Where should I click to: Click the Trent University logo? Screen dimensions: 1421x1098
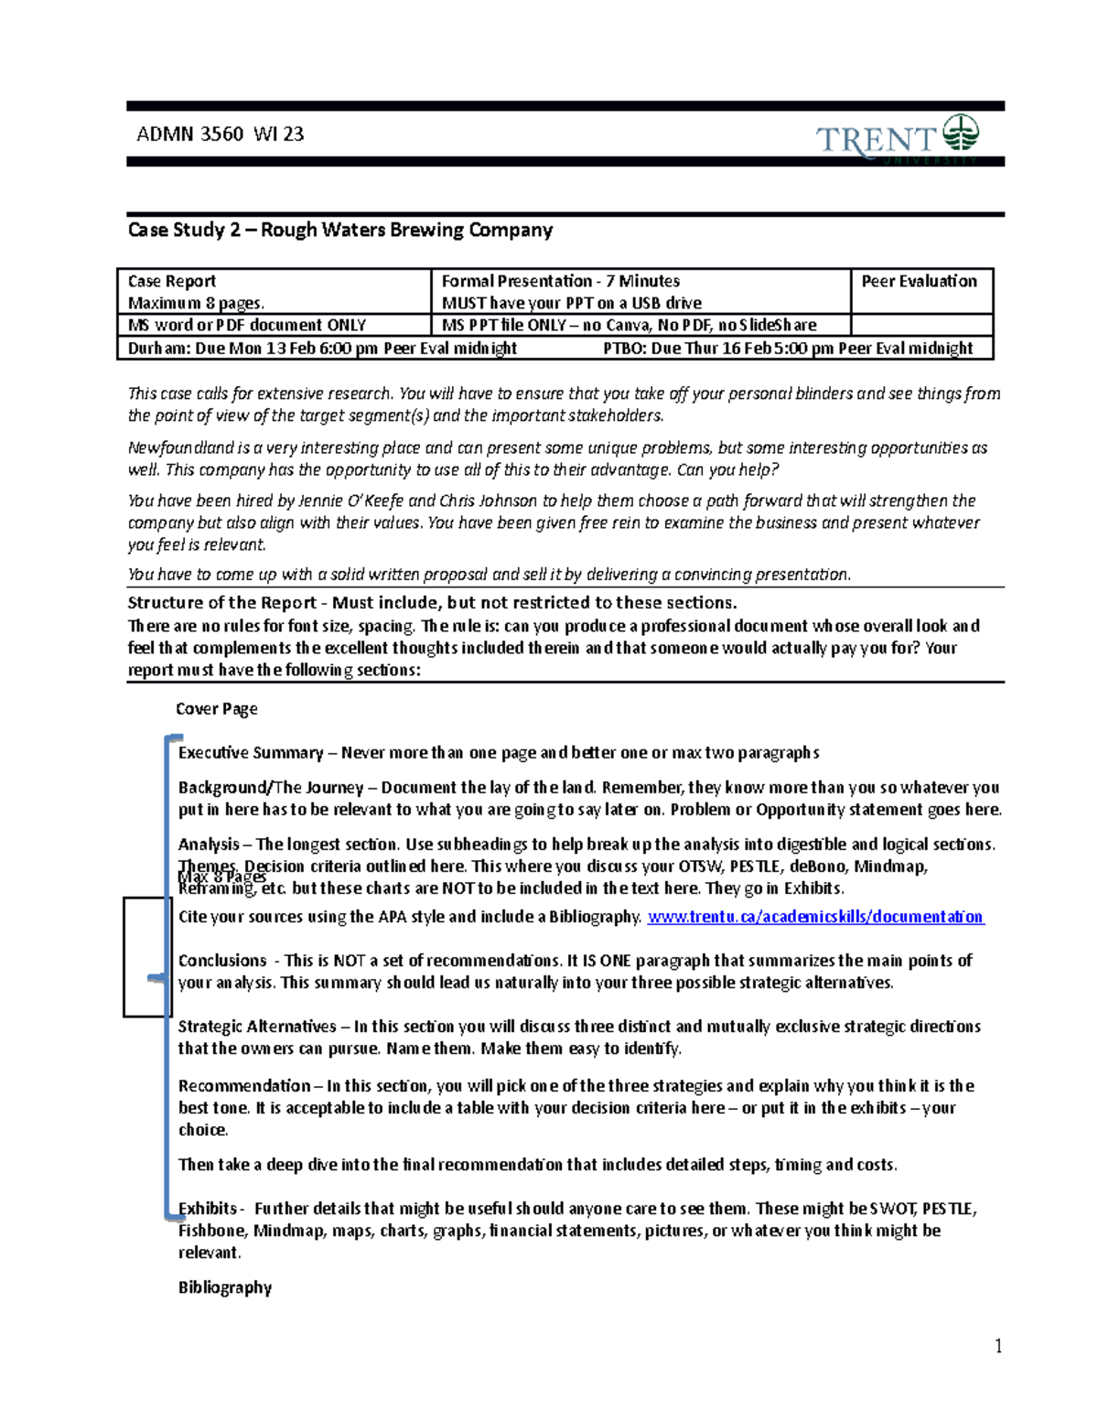coord(897,138)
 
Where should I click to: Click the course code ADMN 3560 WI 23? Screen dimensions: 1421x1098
coord(220,135)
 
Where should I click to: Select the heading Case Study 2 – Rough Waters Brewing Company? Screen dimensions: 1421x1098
coord(339,230)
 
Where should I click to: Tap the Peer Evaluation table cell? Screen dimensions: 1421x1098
coord(919,282)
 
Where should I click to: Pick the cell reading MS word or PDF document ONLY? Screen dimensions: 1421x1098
coord(247,325)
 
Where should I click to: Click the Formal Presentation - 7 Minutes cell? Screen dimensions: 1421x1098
coord(560,282)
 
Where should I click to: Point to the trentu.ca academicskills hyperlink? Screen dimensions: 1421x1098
coord(814,917)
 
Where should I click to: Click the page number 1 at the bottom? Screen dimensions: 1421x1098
coord(998,1346)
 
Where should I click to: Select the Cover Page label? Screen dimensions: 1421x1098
coord(216,709)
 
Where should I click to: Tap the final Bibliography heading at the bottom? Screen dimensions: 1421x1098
coord(225,1287)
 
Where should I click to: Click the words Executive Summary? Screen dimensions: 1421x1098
coord(251,753)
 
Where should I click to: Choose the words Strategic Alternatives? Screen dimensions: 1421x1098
coord(257,1027)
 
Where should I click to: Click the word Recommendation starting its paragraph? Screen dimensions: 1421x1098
coord(244,1086)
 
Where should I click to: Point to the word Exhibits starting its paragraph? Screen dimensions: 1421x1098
coord(208,1209)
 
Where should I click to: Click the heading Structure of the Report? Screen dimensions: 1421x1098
coord(222,603)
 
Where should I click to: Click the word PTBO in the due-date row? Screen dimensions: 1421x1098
coord(623,349)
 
